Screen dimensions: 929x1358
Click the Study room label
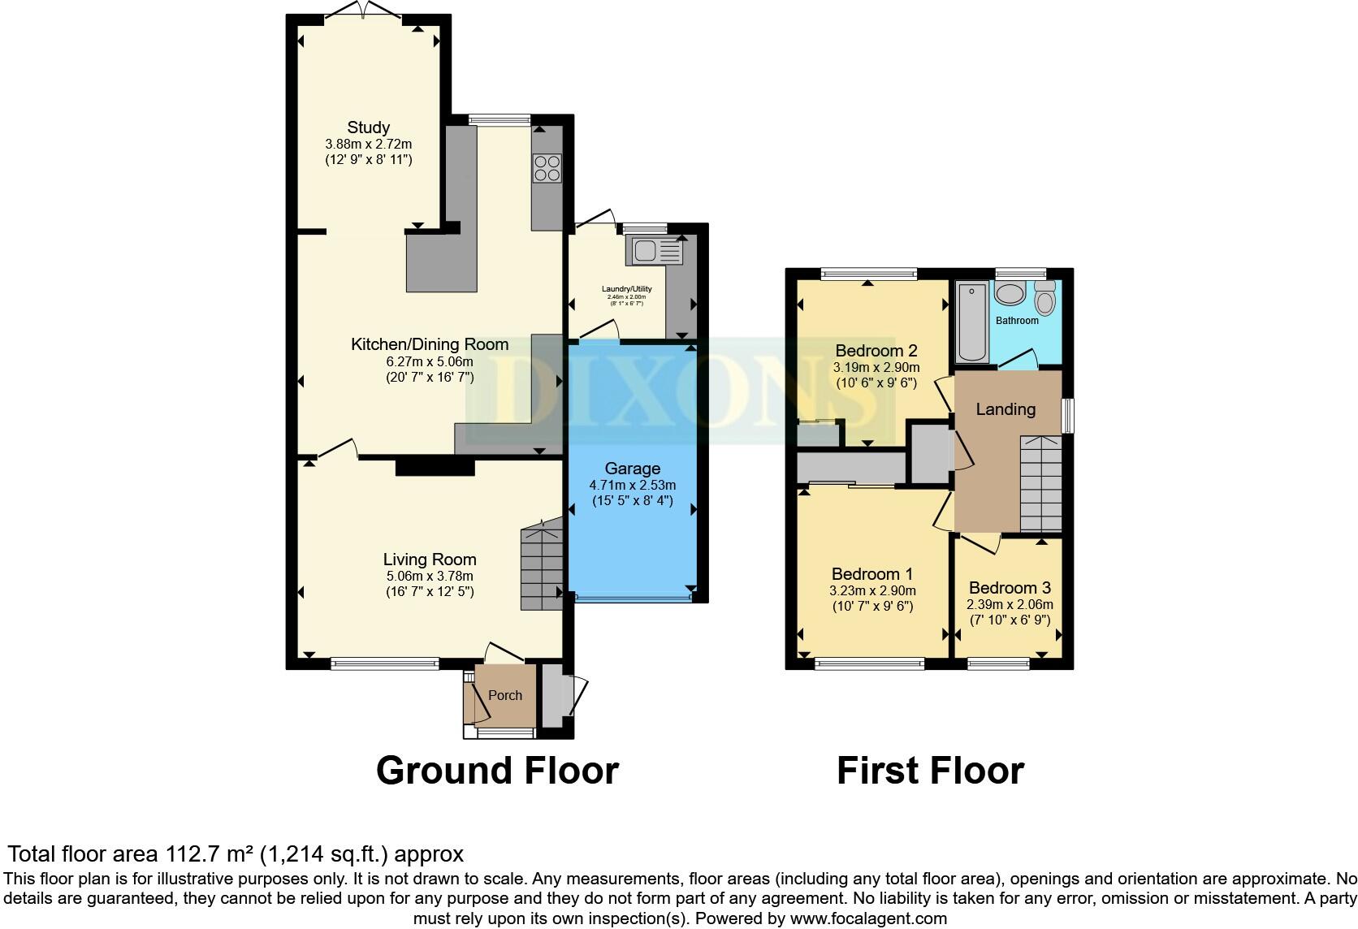(x=368, y=127)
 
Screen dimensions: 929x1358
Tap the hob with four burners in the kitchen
(x=546, y=166)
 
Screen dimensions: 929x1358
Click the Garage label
(x=632, y=469)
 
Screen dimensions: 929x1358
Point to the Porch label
(x=505, y=695)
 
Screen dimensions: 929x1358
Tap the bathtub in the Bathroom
(x=971, y=322)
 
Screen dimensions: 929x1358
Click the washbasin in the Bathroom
(x=1011, y=294)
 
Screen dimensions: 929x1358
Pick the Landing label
(x=1006, y=409)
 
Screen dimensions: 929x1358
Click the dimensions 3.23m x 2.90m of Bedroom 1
(x=872, y=590)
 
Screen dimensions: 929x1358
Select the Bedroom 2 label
(x=876, y=351)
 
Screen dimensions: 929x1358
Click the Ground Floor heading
(x=497, y=770)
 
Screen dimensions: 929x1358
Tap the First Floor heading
(x=930, y=770)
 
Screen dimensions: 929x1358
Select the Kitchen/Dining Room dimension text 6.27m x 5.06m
(x=430, y=361)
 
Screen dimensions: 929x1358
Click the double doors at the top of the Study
(x=364, y=10)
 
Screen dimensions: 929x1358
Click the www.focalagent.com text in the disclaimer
(x=867, y=918)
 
